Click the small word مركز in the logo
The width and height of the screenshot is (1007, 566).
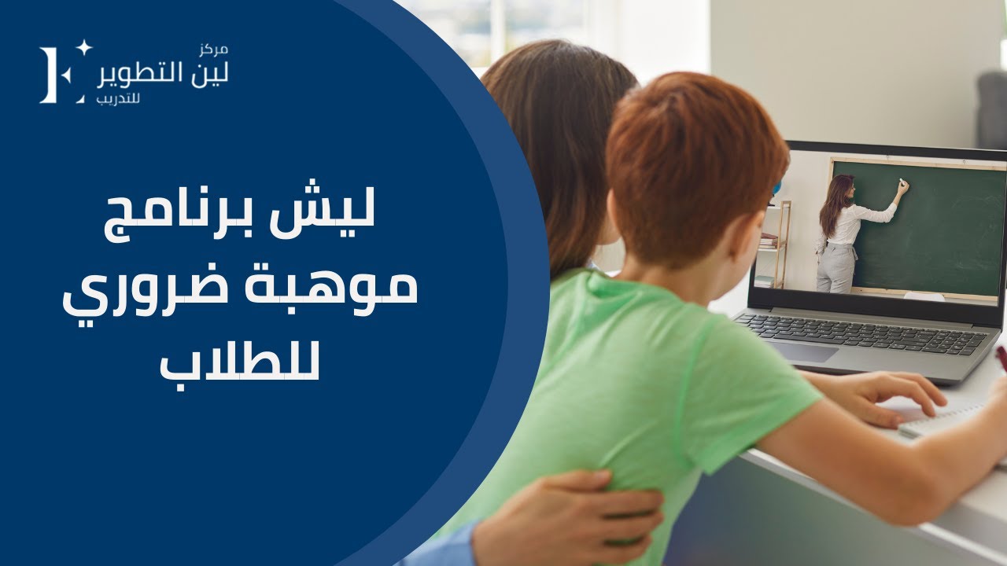coord(214,50)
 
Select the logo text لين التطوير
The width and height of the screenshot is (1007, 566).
coord(163,75)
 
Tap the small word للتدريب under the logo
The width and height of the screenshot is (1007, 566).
coord(117,100)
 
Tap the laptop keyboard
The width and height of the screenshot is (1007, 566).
coord(861,333)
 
